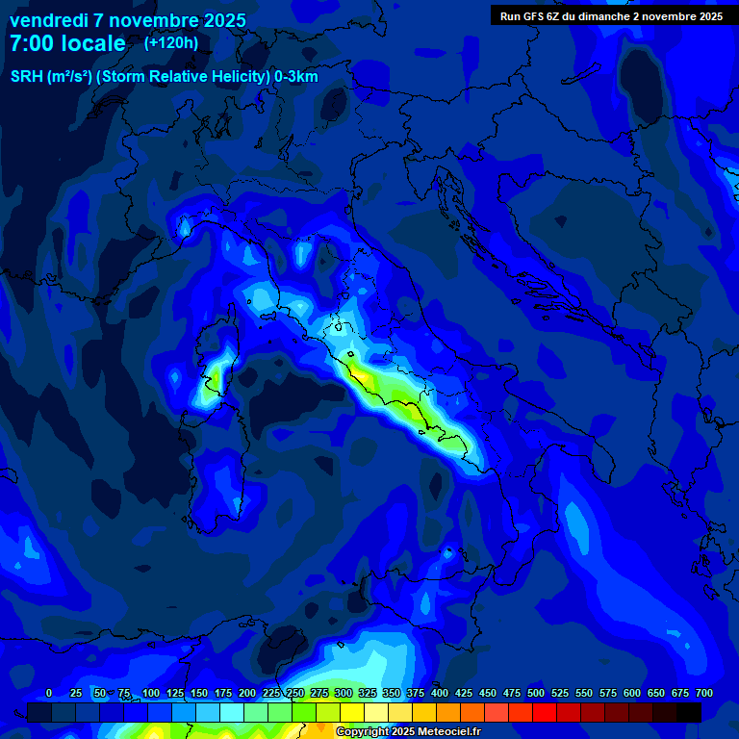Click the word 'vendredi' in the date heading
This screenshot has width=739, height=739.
coord(48,20)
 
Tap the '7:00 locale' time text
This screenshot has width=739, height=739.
coord(67,43)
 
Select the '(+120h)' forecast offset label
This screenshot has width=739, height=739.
coord(171,42)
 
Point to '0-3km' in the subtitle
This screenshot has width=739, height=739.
coord(296,77)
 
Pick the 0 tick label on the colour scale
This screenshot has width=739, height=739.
coord(49,693)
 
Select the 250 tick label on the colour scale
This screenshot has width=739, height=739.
coord(295,693)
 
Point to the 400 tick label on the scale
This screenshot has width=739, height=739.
coord(440,693)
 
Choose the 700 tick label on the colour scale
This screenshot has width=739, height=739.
coord(704,693)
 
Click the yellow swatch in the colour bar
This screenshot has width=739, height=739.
coord(352,712)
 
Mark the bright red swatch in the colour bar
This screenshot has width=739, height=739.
coord(545,712)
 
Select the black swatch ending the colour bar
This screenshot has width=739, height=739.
coord(689,712)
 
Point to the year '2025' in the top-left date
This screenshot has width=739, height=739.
coord(225,20)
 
